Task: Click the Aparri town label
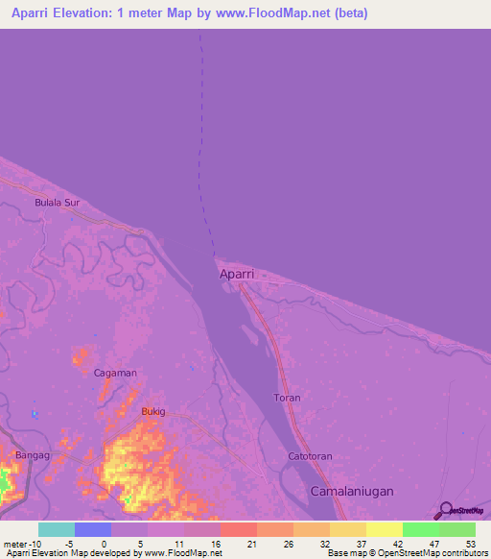coord(237,274)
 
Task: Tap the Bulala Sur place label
coord(57,204)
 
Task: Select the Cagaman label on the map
coord(115,373)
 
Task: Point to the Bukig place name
coord(153,411)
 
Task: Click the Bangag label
coord(34,454)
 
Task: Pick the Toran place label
coord(287,398)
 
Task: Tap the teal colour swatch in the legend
coord(57,529)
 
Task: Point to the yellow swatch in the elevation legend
coord(384,529)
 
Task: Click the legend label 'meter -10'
coord(22,543)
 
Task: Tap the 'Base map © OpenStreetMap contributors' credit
coord(408,554)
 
